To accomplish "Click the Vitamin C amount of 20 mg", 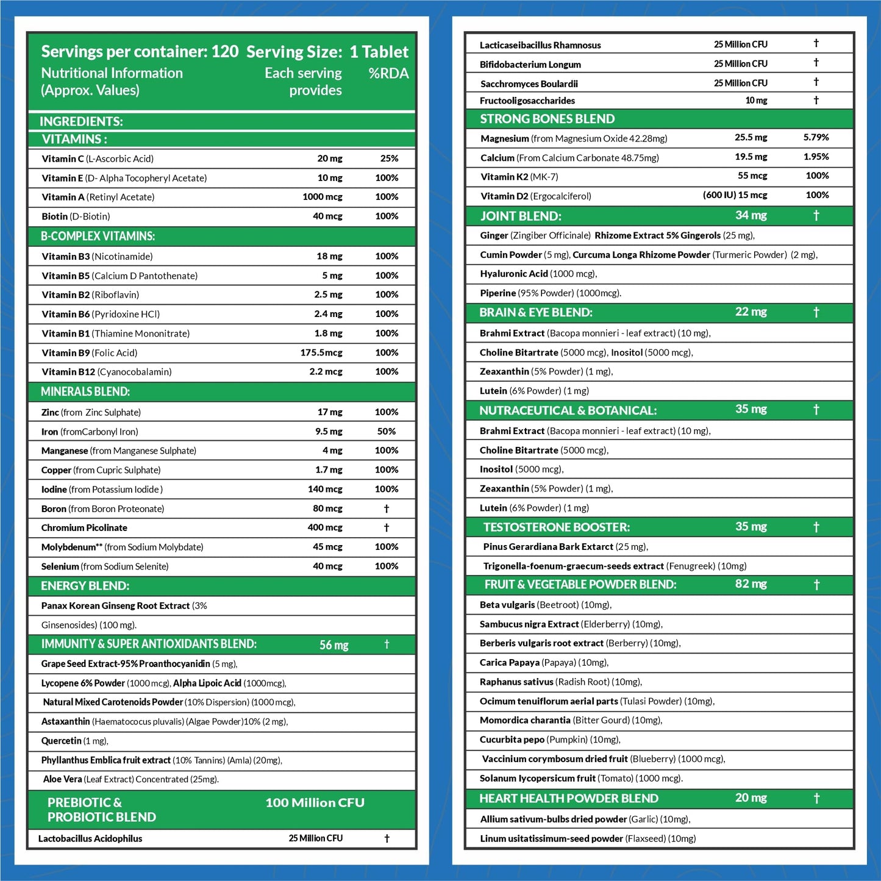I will tap(329, 159).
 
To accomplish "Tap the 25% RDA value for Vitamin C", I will tap(389, 159).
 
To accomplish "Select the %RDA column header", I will tap(388, 73).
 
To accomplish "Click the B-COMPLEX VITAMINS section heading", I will tap(98, 236).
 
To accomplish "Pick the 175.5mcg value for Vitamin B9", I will tap(321, 352).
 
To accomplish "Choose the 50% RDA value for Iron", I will tap(386, 431).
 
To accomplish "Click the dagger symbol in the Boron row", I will tap(386, 508).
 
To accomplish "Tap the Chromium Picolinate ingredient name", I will tap(84, 528).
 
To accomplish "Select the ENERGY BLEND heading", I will tap(85, 586).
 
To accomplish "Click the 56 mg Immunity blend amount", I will tap(333, 645).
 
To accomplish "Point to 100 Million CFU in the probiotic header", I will tap(315, 803).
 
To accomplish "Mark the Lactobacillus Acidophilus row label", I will tap(90, 839).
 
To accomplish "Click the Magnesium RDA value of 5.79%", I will tap(816, 138).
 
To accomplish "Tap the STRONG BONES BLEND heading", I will tap(547, 119).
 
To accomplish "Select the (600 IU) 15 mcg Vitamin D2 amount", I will tap(735, 195).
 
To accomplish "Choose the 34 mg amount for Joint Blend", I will tap(751, 215).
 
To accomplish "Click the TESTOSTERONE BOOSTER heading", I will tap(556, 527).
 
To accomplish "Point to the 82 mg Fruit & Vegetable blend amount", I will tap(751, 584).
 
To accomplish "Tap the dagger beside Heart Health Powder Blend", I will tap(816, 798).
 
